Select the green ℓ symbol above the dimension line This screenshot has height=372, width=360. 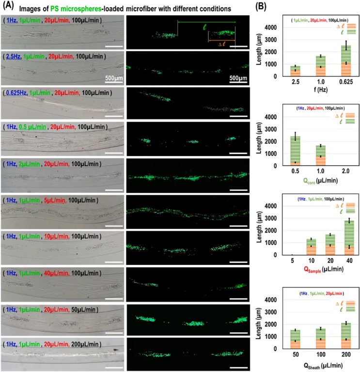[205, 28]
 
